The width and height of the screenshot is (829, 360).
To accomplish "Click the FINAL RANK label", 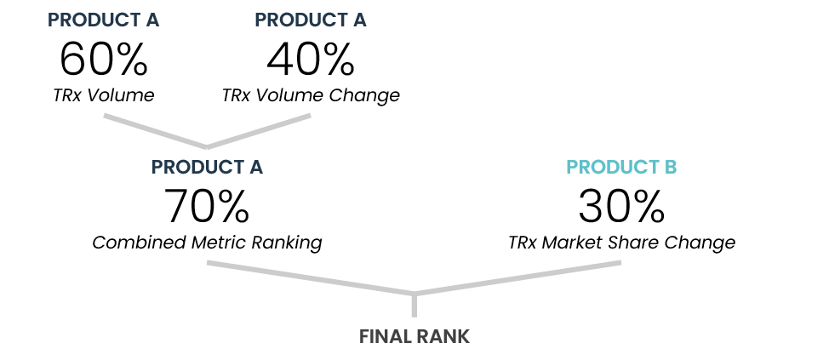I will pyautogui.click(x=414, y=337).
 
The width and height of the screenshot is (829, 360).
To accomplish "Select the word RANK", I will pyautogui.click(x=443, y=337).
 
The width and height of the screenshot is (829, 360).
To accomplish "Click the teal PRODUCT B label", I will pyautogui.click(x=621, y=168).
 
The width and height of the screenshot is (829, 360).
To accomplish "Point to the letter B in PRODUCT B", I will pyautogui.click(x=671, y=168).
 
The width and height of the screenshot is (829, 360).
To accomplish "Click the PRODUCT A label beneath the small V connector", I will pyautogui.click(x=207, y=168).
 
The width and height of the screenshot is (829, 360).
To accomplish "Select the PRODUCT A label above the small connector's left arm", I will pyautogui.click(x=103, y=20).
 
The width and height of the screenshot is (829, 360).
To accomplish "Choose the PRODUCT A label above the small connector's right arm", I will pyautogui.click(x=310, y=20).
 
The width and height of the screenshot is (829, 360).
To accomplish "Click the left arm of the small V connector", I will pyautogui.click(x=155, y=131).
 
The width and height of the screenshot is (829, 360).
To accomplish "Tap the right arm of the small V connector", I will pyautogui.click(x=259, y=131).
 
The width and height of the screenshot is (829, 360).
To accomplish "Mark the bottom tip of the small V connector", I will pyautogui.click(x=207, y=147).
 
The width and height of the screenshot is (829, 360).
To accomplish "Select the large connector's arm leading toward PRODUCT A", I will pyautogui.click(x=311, y=278).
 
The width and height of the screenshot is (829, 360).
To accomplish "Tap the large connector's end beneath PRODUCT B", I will pyautogui.click(x=619, y=263).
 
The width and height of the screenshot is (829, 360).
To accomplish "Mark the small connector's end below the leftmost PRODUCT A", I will pyautogui.click(x=106, y=116).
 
